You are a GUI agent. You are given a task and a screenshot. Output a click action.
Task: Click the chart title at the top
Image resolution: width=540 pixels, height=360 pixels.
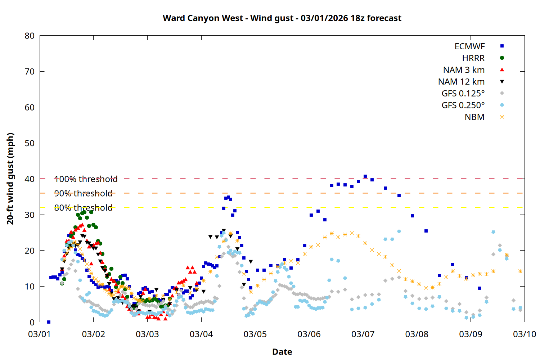pyautogui.click(x=282, y=18)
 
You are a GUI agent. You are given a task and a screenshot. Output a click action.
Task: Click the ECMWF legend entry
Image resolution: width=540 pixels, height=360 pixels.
pyautogui.click(x=469, y=46)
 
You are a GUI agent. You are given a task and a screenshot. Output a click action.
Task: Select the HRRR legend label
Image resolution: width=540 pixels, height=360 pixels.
pyautogui.click(x=473, y=58)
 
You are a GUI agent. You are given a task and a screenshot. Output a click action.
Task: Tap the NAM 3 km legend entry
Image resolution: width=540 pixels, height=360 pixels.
pyautogui.click(x=464, y=70)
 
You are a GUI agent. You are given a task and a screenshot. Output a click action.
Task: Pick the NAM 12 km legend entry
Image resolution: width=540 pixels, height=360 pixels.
pyautogui.click(x=461, y=82)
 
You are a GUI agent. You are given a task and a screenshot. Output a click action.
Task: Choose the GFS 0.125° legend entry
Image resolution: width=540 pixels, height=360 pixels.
pyautogui.click(x=463, y=94)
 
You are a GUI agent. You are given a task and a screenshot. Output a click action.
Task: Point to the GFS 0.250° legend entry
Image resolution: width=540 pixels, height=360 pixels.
pyautogui.click(x=463, y=105)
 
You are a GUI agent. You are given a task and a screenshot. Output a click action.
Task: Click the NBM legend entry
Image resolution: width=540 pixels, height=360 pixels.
pyautogui.click(x=474, y=117)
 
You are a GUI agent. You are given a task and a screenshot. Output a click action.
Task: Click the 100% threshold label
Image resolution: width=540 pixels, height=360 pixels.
pyautogui.click(x=86, y=179)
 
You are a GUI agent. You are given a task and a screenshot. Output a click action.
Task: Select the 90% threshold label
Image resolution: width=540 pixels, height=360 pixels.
pyautogui.click(x=83, y=193)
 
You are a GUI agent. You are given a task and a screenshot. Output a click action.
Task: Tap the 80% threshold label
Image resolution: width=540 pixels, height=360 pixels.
pyautogui.click(x=83, y=208)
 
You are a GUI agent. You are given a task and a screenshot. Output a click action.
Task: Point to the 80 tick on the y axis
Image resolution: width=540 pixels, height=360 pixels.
pyautogui.click(x=30, y=36)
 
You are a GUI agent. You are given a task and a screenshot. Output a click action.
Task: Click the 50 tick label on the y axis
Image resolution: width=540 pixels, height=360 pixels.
pyautogui.click(x=30, y=143)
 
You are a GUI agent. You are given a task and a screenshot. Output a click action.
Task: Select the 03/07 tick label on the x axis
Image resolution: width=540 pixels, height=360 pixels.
pyautogui.click(x=363, y=334)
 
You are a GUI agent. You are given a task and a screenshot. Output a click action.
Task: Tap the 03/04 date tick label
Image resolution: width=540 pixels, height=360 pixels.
pyautogui.click(x=201, y=334)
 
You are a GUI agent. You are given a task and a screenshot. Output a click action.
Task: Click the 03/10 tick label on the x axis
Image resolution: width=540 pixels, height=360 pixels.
pyautogui.click(x=524, y=334)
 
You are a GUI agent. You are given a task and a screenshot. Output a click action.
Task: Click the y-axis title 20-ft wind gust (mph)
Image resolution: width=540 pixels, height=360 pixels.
pyautogui.click(x=10, y=179)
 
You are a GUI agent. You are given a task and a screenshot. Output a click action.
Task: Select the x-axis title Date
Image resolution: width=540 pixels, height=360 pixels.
pyautogui.click(x=282, y=352)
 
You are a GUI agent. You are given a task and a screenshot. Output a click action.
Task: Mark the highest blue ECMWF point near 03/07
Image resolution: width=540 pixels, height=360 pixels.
pyautogui.click(x=365, y=176)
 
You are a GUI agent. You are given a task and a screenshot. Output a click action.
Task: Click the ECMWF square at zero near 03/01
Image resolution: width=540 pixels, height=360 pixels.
pyautogui.click(x=49, y=322)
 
